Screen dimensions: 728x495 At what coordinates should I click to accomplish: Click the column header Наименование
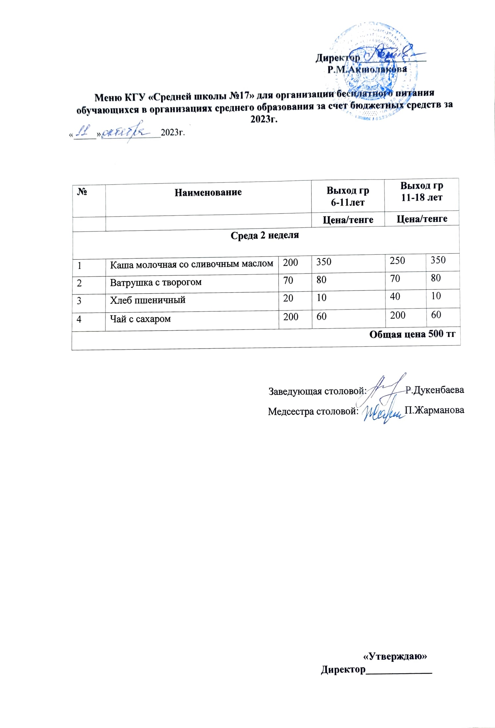[208, 192]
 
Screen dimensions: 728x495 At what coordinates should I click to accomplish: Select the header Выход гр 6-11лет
[348, 196]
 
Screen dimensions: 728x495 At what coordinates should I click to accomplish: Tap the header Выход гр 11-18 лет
[421, 191]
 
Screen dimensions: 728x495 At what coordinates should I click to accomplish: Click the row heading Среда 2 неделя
[264, 235]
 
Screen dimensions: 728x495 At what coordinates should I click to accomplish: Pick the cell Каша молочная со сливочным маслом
[192, 264]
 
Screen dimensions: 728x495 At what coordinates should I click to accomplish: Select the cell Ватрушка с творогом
[156, 283]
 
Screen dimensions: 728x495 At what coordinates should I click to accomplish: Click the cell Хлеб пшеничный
[147, 300]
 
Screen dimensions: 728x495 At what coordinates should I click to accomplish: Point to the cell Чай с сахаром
[140, 319]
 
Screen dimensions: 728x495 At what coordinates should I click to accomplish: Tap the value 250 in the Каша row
[397, 261]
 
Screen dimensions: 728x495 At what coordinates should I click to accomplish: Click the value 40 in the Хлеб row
[395, 296]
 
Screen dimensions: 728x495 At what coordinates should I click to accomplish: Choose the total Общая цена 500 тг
[412, 334]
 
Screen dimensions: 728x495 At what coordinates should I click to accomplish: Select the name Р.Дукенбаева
[435, 390]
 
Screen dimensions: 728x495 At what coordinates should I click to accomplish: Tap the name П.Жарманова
[434, 410]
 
